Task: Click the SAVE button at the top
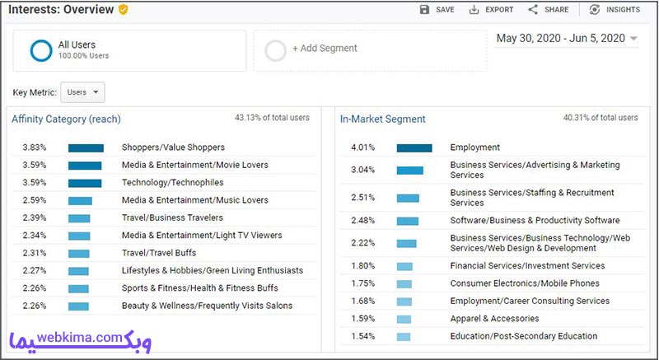click(437, 10)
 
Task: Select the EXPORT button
click(491, 10)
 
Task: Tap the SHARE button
click(548, 10)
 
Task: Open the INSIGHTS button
click(615, 10)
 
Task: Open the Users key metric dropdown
click(82, 92)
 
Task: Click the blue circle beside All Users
click(41, 50)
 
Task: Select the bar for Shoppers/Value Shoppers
click(86, 147)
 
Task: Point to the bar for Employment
click(414, 147)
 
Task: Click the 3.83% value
click(35, 147)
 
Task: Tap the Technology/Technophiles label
click(173, 183)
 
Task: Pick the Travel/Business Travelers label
click(172, 217)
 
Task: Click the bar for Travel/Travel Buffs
click(79, 254)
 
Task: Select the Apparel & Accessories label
click(495, 319)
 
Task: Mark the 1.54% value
click(363, 336)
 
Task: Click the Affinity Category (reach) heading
click(66, 119)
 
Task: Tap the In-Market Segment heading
click(383, 119)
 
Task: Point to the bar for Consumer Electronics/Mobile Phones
click(404, 284)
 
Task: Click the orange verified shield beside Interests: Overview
click(123, 10)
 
